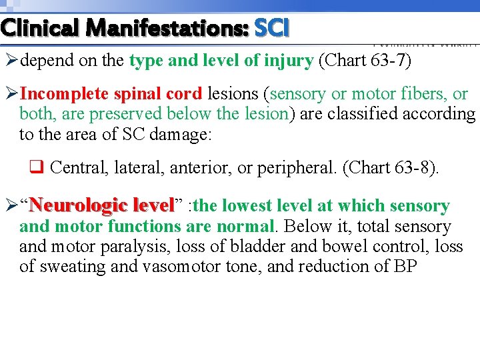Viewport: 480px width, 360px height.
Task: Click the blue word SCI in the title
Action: pyautogui.click(x=272, y=29)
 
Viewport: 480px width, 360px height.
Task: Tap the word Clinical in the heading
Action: pyautogui.click(x=40, y=29)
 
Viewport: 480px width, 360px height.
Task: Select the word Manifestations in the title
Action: pyautogui.click(x=167, y=29)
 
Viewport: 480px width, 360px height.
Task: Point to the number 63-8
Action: pyautogui.click(x=417, y=167)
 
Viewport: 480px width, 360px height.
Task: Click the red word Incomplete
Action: pyautogui.click(x=63, y=94)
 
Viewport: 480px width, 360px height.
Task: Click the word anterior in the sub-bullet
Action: pyautogui.click(x=203, y=167)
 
